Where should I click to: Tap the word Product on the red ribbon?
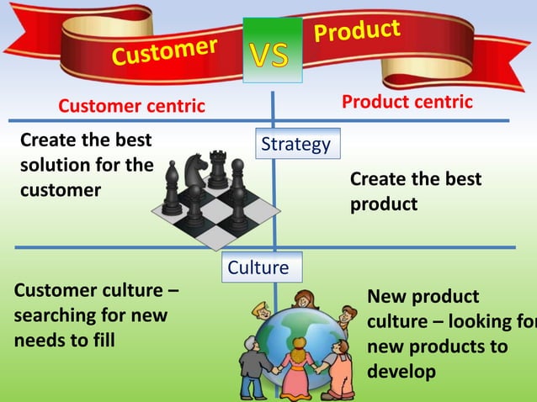(358, 34)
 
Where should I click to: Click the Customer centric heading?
(131, 106)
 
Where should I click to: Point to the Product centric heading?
(407, 102)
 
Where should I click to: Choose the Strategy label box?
(295, 145)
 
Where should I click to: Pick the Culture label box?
(258, 267)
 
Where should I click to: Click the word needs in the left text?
(40, 341)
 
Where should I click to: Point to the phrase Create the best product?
(415, 192)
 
